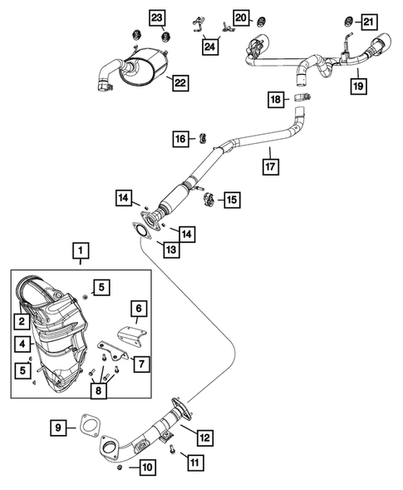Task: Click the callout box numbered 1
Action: click(81, 249)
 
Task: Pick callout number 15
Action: click(230, 200)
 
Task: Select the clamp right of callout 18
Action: click(304, 99)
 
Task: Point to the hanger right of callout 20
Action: click(259, 17)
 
